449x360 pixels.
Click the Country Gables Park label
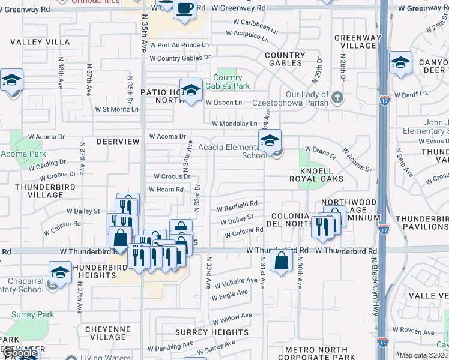(x=228, y=82)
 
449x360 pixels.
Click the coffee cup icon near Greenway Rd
(x=184, y=8)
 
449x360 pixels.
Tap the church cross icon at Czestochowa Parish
(x=337, y=97)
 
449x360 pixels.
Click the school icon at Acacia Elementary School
(x=270, y=142)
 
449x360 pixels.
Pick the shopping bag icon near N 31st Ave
(x=281, y=260)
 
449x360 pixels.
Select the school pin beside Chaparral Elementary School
(x=60, y=272)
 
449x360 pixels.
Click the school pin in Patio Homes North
(x=191, y=90)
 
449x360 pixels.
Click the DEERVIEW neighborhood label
(x=118, y=142)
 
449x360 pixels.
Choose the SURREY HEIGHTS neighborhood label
(x=203, y=332)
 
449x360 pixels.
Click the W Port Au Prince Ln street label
(x=179, y=45)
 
